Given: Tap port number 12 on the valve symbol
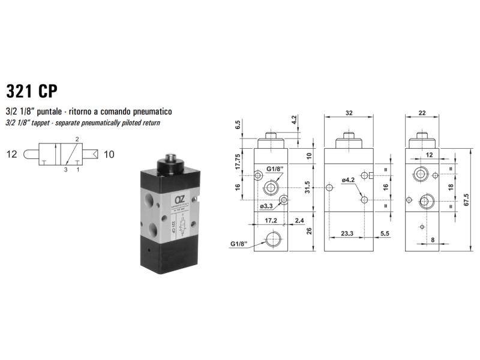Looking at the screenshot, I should [x=12, y=154].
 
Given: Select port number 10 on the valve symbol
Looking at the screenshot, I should [x=109, y=154].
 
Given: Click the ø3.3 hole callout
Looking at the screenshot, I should [x=267, y=206].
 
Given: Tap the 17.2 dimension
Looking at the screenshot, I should [x=271, y=221].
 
